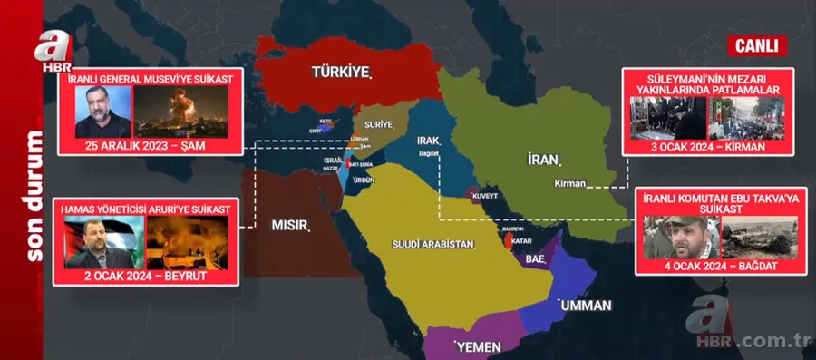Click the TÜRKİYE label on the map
[x=342, y=72]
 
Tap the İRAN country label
[x=541, y=160]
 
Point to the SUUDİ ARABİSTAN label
[x=432, y=245]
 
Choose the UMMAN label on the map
[x=586, y=305]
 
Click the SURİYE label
[x=378, y=123]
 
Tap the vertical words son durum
[x=34, y=196]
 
